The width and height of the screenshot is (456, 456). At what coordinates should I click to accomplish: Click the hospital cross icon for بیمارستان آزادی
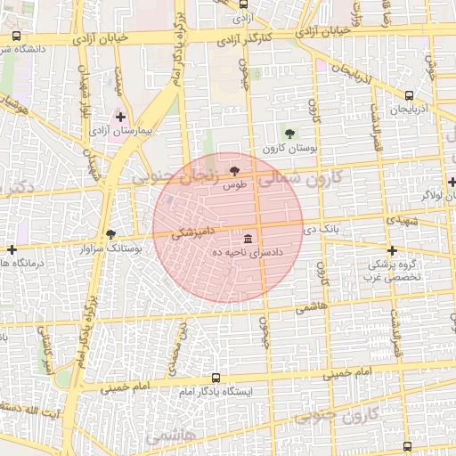coord(120,117)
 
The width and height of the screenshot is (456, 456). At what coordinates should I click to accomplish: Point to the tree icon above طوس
coord(234,169)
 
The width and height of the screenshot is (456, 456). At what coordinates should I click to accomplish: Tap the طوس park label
coord(235,183)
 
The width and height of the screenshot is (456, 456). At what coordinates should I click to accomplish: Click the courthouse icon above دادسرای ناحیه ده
coord(247,239)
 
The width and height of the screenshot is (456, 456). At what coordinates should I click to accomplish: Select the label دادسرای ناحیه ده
coord(247,253)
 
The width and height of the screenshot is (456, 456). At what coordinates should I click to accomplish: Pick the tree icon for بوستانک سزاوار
coord(110,234)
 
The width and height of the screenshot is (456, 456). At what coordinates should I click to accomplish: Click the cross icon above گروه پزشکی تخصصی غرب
coord(392,250)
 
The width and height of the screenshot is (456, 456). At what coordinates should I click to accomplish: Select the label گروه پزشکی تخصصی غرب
coord(392,271)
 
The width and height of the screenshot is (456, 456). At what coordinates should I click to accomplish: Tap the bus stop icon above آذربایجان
coord(409,95)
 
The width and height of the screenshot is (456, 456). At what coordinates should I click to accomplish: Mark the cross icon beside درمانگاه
coord(12,250)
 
